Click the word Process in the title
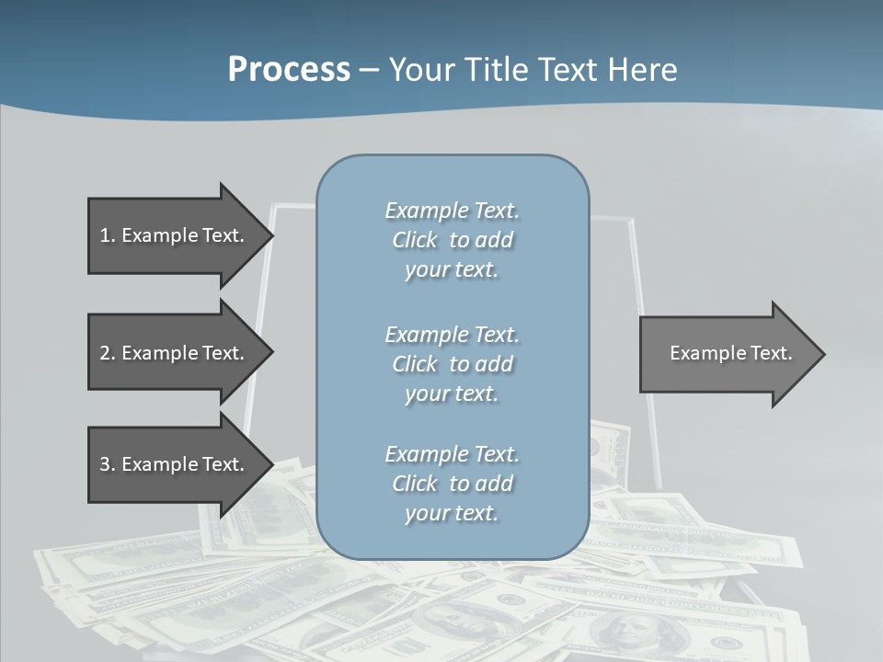click(x=289, y=70)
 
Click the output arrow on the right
click(x=727, y=353)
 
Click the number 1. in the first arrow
click(x=107, y=235)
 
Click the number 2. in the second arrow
click(x=107, y=353)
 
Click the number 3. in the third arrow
click(x=107, y=464)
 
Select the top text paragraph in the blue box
click(x=452, y=240)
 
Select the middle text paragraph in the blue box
click(x=452, y=364)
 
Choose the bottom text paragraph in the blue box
click(x=452, y=484)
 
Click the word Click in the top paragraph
click(x=415, y=240)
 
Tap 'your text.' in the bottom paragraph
click(x=452, y=513)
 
